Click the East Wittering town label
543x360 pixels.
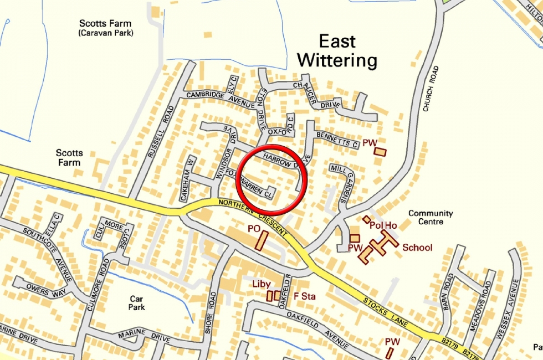337,50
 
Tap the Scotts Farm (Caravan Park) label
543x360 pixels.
106,28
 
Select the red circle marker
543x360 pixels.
271,181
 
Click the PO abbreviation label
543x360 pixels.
254,228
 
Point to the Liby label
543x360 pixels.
262,284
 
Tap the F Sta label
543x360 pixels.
304,296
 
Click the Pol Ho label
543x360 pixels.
383,225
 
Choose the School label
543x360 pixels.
417,248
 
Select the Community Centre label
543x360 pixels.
431,217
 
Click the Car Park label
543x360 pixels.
136,302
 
